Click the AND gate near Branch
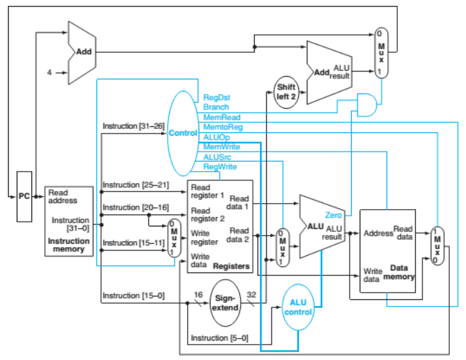(366, 102)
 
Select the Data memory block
(387, 250)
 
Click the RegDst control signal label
(217, 98)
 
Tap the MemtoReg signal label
(222, 127)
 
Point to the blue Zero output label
(334, 215)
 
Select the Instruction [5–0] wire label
(219, 338)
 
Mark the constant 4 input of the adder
(49, 73)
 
